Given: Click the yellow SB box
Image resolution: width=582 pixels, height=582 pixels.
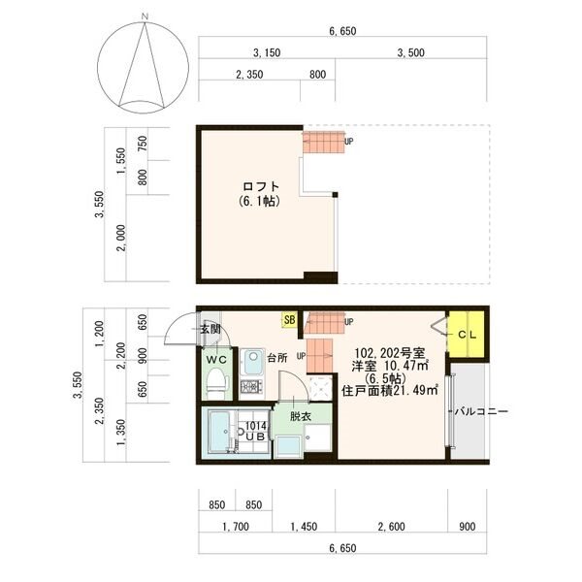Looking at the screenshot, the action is coord(289,319).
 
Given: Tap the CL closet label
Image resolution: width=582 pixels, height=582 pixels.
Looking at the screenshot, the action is coord(467,335).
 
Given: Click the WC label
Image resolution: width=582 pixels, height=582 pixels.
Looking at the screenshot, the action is coord(216,359).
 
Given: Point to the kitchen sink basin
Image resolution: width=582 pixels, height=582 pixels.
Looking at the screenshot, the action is coord(253,361).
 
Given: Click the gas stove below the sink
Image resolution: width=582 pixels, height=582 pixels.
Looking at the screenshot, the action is coord(251,387).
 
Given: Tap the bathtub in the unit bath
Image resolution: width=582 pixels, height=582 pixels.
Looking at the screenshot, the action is coord(218,432).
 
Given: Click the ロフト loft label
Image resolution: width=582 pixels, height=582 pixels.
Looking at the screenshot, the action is coord(261,186).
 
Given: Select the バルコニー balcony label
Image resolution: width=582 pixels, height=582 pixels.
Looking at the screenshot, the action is coord(481,411).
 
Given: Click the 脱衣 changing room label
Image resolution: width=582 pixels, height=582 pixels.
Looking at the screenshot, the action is coord(301,416).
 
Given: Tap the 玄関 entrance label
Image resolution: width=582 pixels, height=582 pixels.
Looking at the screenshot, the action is coord(210,329).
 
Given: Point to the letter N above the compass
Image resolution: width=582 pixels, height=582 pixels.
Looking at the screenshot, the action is coord(145,16).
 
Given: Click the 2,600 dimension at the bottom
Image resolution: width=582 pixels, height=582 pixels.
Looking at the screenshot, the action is coord(392,527).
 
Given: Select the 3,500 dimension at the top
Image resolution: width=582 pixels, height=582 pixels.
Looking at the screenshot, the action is coord(411,52).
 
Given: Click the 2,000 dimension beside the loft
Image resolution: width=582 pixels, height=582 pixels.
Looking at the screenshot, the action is coord(121,238).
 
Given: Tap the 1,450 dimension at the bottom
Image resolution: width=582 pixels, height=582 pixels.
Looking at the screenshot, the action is coord(304,527).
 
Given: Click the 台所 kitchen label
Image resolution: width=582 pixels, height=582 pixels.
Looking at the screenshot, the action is coord(277,358).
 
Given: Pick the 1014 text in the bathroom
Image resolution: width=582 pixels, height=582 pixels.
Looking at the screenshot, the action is coord(256,426).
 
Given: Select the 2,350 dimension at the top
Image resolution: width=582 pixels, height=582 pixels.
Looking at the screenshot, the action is coord(249,75).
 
